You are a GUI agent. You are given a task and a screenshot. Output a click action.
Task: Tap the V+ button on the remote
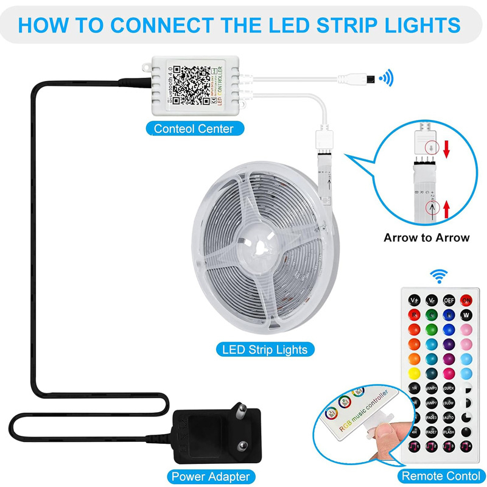click(x=414, y=300)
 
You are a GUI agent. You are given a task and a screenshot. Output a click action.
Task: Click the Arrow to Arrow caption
click(x=426, y=237)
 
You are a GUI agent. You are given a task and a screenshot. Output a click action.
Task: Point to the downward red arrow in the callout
click(x=446, y=147)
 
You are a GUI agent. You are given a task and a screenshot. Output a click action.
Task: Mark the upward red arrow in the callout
click(x=446, y=209)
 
